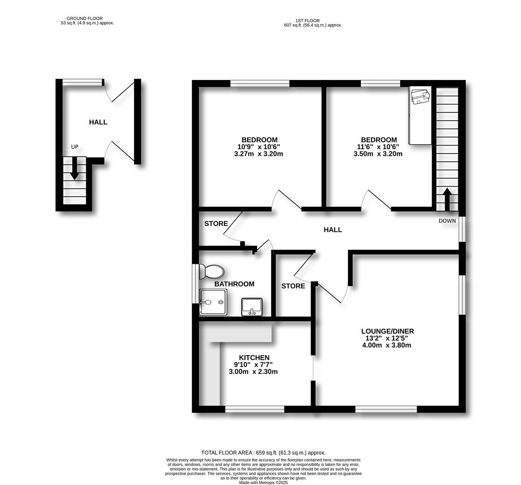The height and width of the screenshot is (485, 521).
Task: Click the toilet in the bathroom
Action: click(211, 271)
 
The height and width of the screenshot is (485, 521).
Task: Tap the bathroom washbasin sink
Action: click(252, 307)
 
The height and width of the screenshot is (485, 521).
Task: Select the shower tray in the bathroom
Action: click(213, 302)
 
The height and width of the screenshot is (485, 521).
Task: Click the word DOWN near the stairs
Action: click(447, 220)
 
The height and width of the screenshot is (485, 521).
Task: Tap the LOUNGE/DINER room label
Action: click(387, 331)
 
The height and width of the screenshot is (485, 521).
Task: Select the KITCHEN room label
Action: click(254, 357)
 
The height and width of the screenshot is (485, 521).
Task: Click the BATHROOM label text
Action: click(234, 284)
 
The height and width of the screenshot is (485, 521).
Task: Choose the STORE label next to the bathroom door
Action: click(216, 224)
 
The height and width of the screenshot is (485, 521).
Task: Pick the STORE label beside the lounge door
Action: click(293, 286)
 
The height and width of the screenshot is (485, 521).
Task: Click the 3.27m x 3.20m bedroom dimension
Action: click(259, 154)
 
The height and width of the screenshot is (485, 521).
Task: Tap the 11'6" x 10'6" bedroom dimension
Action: click(378, 147)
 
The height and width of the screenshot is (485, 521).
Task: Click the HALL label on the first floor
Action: click(333, 229)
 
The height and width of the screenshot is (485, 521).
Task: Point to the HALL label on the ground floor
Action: click(98, 122)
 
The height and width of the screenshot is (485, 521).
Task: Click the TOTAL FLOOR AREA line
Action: click(263, 453)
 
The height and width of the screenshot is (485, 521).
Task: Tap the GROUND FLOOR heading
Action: click(88, 18)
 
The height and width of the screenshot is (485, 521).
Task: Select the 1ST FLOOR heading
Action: click(307, 21)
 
